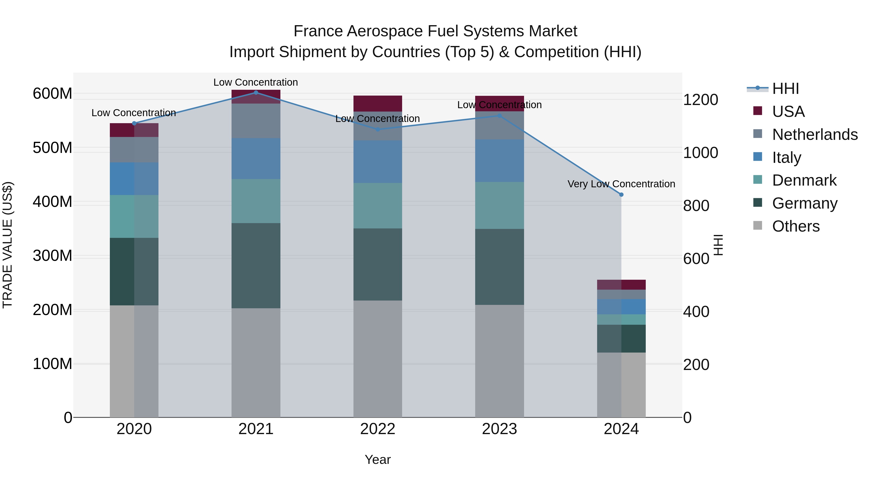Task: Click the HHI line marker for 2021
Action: (256, 92)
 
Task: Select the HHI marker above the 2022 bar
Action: (378, 129)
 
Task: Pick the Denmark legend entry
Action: (804, 180)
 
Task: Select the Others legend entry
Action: (796, 226)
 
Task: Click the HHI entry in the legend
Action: (785, 89)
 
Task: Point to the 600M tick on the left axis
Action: (53, 94)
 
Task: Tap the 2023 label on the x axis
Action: (499, 429)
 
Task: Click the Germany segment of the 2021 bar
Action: (256, 265)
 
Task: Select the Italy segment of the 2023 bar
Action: (499, 161)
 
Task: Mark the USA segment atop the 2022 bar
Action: (378, 104)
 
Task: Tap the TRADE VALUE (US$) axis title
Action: (8, 245)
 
